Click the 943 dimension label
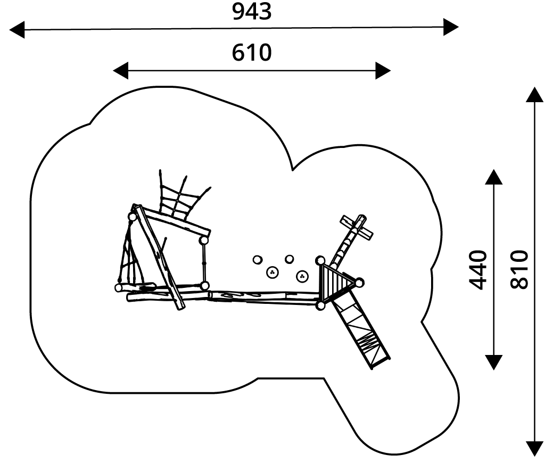252,12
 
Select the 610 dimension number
252,53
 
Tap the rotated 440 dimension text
478,269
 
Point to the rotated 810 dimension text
519,269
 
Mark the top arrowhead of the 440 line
494,177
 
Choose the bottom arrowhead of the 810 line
534,449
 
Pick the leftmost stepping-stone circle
257,260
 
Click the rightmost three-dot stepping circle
302,276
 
